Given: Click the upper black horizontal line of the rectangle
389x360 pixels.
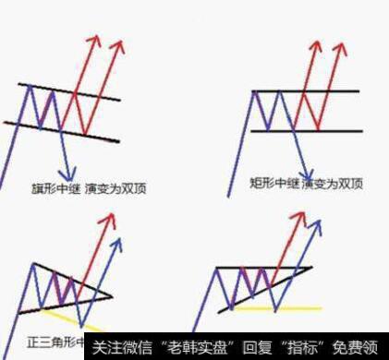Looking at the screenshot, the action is click(x=305, y=91).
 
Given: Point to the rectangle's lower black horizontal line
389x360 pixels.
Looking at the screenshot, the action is click(x=305, y=130).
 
